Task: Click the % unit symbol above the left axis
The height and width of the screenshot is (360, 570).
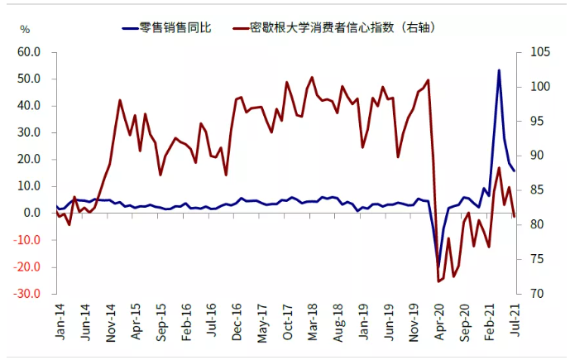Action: pos(26,30)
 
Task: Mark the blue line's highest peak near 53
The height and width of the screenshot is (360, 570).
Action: pos(499,70)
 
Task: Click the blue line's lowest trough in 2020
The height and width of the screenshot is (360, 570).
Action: pos(438,266)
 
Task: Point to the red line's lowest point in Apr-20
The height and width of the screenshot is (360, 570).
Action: pos(438,281)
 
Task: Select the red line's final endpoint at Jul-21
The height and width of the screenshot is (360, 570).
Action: pos(514,217)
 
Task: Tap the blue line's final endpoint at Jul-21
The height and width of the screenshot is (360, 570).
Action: pos(514,171)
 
